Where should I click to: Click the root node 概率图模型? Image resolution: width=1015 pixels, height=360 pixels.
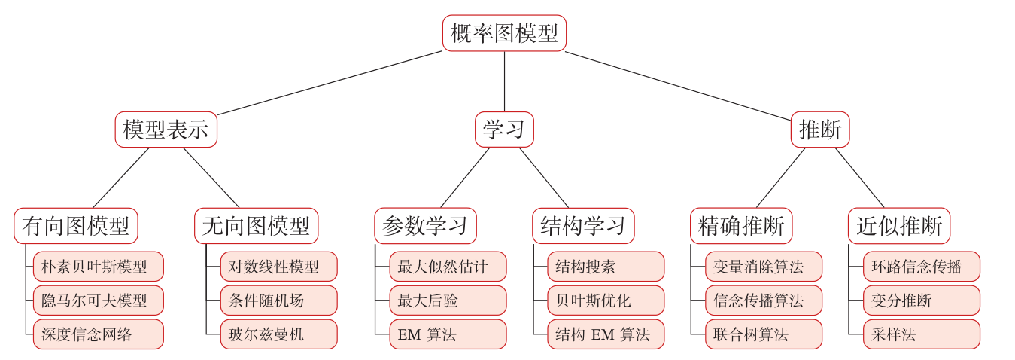[505, 32]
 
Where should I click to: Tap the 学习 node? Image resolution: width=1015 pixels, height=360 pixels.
[505, 130]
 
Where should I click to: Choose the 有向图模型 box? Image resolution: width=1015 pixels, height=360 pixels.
[77, 225]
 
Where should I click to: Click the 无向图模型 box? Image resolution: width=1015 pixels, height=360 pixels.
[255, 225]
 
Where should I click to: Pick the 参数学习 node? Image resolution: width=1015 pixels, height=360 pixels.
[425, 225]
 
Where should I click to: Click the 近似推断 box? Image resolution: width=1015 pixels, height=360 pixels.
[901, 225]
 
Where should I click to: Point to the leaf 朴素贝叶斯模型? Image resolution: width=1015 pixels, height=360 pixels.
[96, 267]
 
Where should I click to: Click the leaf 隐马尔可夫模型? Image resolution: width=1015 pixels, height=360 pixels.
[96, 300]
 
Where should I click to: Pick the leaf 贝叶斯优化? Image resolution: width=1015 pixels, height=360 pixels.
[606, 300]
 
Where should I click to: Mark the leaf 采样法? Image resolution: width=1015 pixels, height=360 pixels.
[921, 333]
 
